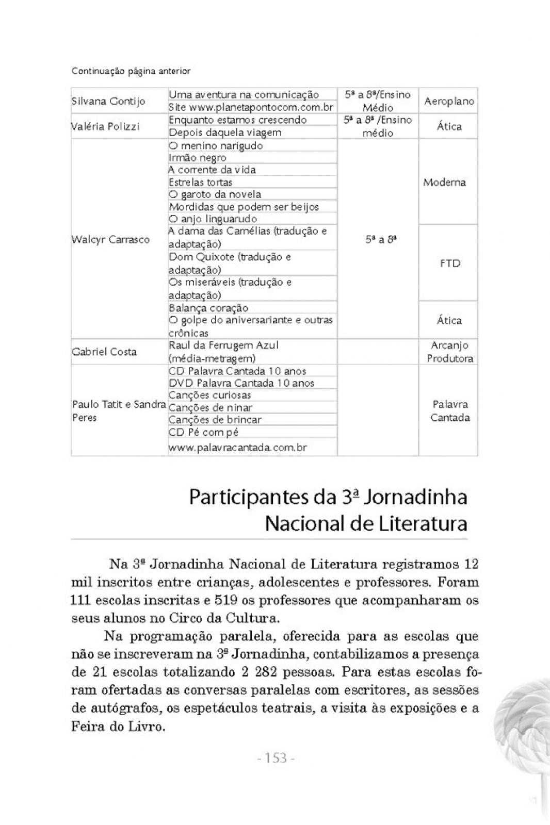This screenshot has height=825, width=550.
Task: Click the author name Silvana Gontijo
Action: [x=108, y=101]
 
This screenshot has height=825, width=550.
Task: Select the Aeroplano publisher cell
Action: [x=449, y=101]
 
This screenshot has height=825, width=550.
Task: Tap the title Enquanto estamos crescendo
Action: [x=238, y=120]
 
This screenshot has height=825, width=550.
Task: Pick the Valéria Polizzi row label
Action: [x=105, y=126]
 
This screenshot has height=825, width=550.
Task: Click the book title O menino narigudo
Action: [x=216, y=145]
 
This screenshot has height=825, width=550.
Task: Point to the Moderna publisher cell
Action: [x=444, y=182]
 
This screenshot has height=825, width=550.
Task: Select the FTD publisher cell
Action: [x=449, y=263]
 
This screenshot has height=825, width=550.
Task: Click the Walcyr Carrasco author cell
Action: [x=110, y=239]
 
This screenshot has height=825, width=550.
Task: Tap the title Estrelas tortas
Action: [x=201, y=182]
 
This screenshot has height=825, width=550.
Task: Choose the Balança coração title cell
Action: [x=208, y=308]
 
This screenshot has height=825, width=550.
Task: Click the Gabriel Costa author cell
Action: [x=104, y=352]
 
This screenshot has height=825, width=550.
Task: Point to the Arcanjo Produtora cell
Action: [x=449, y=352]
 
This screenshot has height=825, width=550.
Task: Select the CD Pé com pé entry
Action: [x=203, y=432]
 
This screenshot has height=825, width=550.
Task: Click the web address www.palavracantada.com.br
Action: [x=238, y=448]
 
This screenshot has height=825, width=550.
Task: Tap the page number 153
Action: [x=276, y=758]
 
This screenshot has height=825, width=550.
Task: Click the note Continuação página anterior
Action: [x=131, y=71]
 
